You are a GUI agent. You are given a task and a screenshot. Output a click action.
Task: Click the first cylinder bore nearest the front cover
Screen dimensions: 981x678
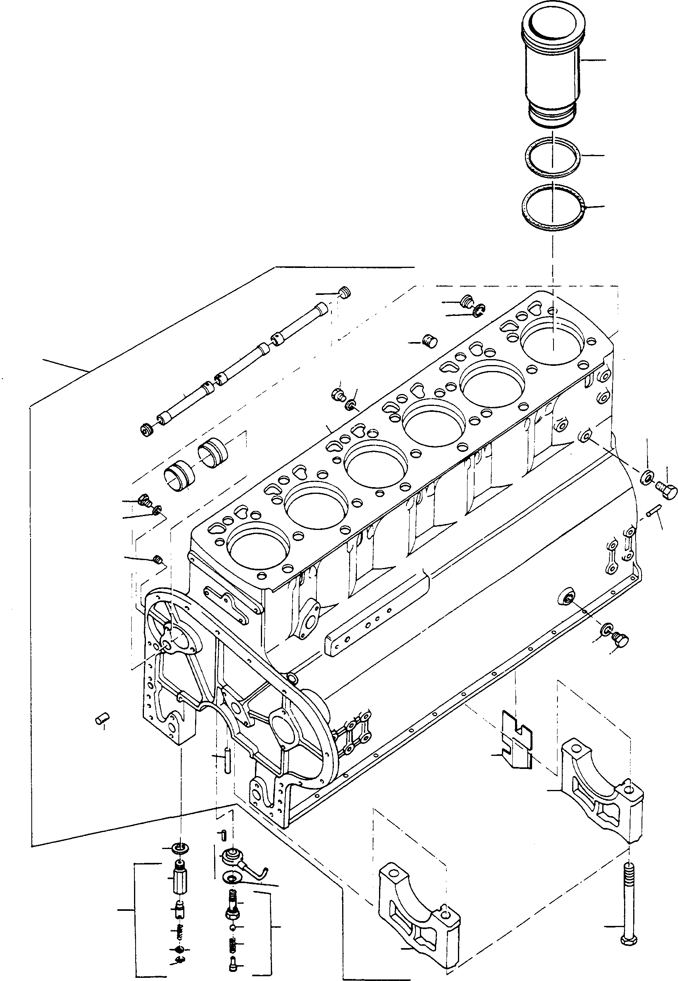point(258,552)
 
